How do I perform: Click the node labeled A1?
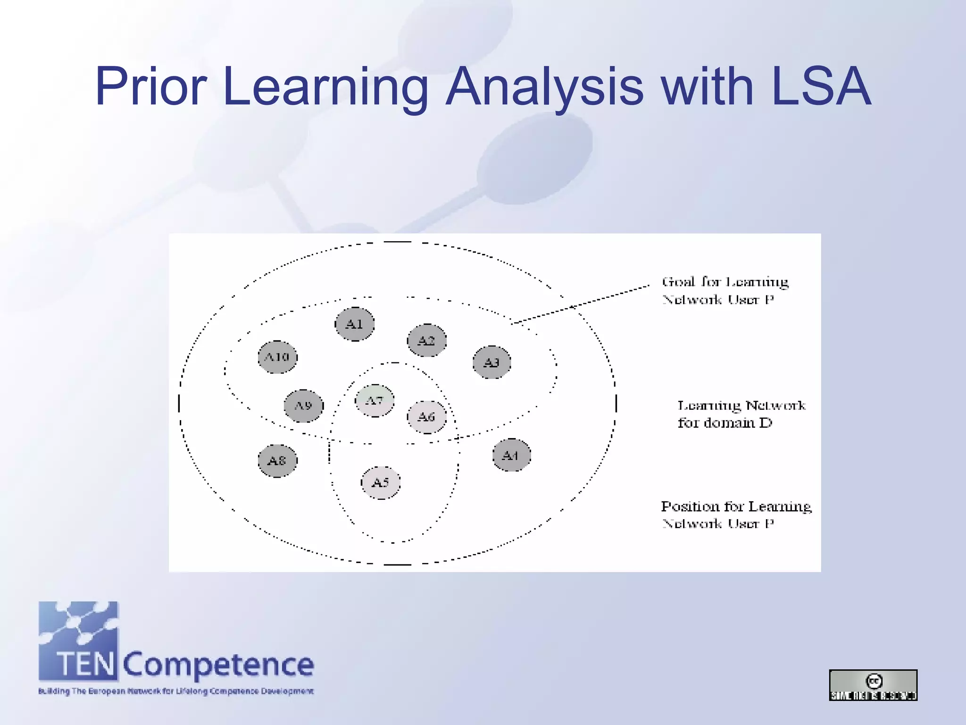pyautogui.click(x=355, y=324)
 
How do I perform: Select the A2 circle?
pyautogui.click(x=427, y=340)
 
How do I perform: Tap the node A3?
pyautogui.click(x=492, y=362)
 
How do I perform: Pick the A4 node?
pyautogui.click(x=511, y=455)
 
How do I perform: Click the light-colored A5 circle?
pyautogui.click(x=381, y=483)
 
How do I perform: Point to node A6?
pyautogui.click(x=427, y=417)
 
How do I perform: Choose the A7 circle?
pyautogui.click(x=375, y=401)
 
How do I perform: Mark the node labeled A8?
pyautogui.click(x=277, y=461)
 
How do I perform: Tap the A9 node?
pyautogui.click(x=304, y=406)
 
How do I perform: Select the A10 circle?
pyautogui.click(x=278, y=357)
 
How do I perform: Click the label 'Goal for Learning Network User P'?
pyautogui.click(x=725, y=291)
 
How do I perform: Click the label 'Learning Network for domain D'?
pyautogui.click(x=741, y=414)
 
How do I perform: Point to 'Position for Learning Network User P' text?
pyautogui.click(x=735, y=514)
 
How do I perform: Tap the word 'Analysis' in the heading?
pyautogui.click(x=545, y=86)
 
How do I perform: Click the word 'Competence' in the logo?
pyautogui.click(x=218, y=665)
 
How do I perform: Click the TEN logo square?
pyautogui.click(x=78, y=641)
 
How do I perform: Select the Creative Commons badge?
pyautogui.click(x=873, y=685)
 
